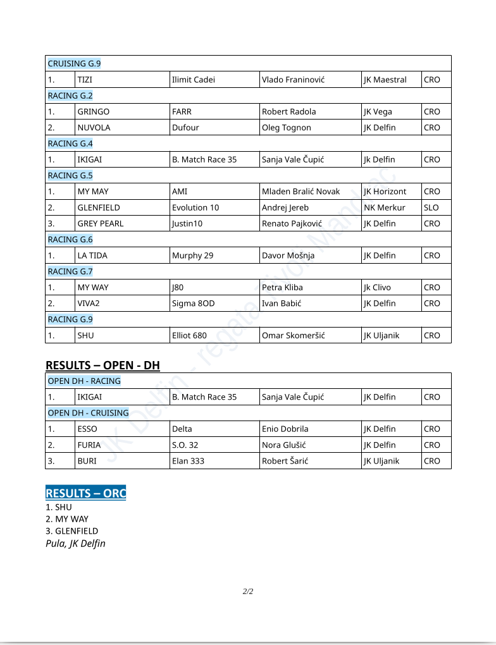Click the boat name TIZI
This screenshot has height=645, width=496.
pos(85,80)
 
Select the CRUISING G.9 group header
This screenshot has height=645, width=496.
pos(74,63)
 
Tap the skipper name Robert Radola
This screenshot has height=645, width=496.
pos(288,111)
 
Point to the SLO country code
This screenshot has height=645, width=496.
pos(431,207)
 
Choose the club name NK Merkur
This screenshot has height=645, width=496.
pos(385,207)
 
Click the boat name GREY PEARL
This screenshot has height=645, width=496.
pos(100,223)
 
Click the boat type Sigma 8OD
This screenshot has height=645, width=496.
pos(193,304)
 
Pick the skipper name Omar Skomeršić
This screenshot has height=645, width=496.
pos(293,335)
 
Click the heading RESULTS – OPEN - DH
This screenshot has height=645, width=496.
pos(102,365)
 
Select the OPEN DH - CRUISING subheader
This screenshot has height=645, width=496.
pos(88,413)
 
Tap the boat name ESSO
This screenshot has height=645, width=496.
pos(87,429)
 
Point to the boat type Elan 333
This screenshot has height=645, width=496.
pos(188,461)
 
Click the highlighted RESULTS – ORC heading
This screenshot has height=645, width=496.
pos(85,493)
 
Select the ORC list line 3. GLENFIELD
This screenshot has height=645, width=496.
pos(71,531)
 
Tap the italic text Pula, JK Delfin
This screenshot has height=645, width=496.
pos(75,544)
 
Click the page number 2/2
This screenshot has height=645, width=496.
pos(248,592)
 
